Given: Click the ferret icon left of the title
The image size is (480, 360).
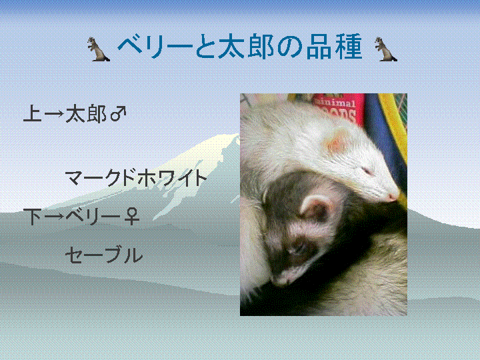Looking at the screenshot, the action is [x=98, y=49].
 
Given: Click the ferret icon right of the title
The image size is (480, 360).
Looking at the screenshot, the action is [x=386, y=49].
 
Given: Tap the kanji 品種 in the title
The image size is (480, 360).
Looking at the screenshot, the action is [x=334, y=47].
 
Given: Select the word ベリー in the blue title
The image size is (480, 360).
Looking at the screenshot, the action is [x=155, y=47].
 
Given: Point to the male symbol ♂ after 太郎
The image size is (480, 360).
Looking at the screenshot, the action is [x=119, y=113].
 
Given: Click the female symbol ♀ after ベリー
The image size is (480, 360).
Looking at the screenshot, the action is [x=132, y=216].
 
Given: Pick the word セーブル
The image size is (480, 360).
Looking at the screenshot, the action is [x=104, y=255].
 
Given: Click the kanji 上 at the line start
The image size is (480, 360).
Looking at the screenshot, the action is [x=33, y=113].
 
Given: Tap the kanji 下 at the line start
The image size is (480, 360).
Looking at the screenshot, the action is [x=33, y=217].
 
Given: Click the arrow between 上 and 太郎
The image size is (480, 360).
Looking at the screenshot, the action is [x=54, y=114].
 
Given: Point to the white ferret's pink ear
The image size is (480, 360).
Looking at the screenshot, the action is [x=337, y=141].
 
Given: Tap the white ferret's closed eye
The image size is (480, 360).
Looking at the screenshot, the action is [x=367, y=171].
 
